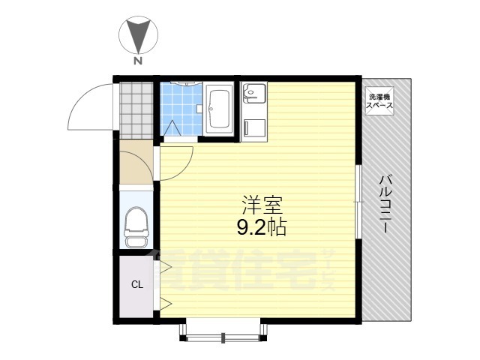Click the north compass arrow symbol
[x=139, y=35]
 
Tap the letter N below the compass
[x=138, y=61]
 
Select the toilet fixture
[x=136, y=227]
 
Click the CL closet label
[x=137, y=285]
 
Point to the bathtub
[x=218, y=108]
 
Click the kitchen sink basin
[x=253, y=93]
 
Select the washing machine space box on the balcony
[x=379, y=101]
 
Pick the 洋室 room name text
[x=262, y=205]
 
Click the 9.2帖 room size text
[x=262, y=227]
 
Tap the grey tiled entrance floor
[x=136, y=110]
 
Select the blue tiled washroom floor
[x=181, y=109]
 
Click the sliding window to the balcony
[x=358, y=202]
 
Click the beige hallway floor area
[x=136, y=162]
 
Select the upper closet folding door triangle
[x=165, y=267]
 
